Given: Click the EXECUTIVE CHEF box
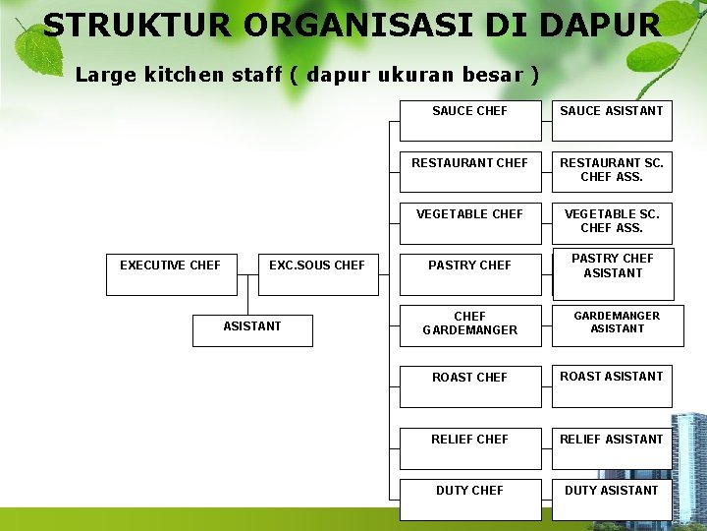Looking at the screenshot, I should pos(171,271).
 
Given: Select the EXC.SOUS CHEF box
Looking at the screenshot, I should pos(317,271).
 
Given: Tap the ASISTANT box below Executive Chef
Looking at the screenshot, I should pos(252,330).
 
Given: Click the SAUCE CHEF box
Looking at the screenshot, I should pos(469,117).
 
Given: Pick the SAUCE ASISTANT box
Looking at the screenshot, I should pos(612,117).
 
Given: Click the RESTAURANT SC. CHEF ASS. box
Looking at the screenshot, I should pos(612,169).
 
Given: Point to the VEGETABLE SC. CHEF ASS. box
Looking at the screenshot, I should pos(612,220).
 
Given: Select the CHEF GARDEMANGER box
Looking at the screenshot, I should pos(469,325).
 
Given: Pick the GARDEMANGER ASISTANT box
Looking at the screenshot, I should pos(617,324).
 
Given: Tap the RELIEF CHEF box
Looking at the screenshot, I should pos(469,445).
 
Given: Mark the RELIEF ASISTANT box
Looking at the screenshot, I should pos(612,445).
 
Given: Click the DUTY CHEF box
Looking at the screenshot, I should pos(469,497).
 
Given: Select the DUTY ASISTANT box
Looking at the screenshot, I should pos(612,497).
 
